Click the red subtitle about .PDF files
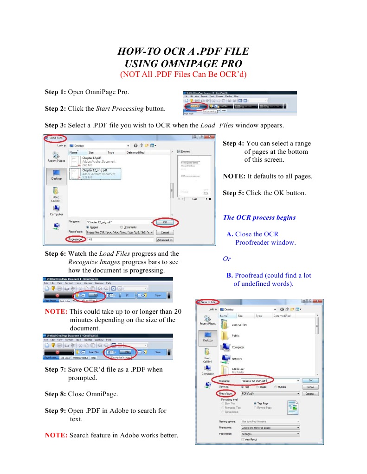click(x=183, y=74)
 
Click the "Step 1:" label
click(x=55, y=92)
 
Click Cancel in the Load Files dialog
click(x=165, y=232)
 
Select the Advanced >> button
click(x=165, y=240)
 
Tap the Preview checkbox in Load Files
click(x=179, y=152)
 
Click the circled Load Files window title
click(x=55, y=138)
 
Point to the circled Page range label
click(x=75, y=240)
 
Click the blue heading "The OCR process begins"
click(x=259, y=217)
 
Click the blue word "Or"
click(x=227, y=259)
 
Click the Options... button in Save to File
click(x=310, y=394)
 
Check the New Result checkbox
click(x=243, y=439)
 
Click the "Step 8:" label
click(x=55, y=394)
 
